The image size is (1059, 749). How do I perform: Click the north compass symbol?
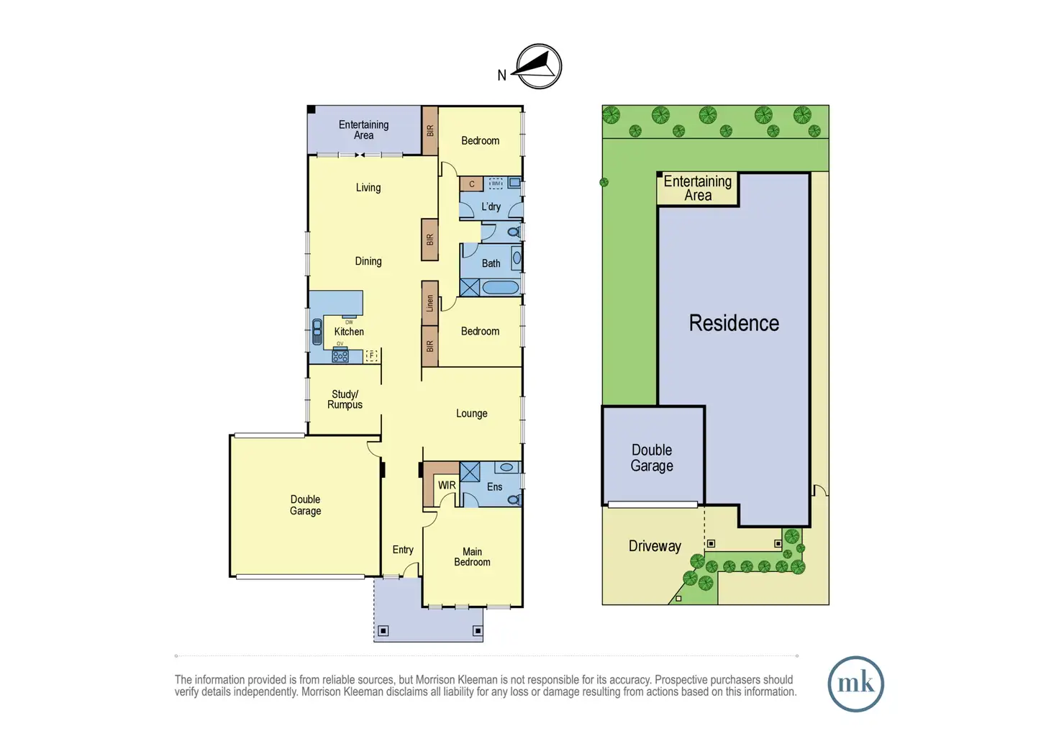(538, 67)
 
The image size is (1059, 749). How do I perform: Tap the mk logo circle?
(855, 684)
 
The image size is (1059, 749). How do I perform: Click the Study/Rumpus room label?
(345, 399)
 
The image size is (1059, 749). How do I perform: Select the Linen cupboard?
(429, 303)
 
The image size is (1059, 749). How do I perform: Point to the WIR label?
(447, 485)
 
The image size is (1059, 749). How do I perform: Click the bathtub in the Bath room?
(500, 288)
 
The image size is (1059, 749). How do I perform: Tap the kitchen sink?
(317, 332)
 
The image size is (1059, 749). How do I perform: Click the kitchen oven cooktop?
(340, 355)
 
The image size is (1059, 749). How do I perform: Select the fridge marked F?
(372, 355)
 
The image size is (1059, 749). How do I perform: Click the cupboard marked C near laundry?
(471, 184)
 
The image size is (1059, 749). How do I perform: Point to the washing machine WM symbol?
(496, 183)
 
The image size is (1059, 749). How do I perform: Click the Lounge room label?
(471, 413)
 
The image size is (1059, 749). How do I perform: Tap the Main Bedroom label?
(472, 557)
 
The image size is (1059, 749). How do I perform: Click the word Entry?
(403, 550)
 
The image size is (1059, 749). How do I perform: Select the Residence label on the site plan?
(734, 324)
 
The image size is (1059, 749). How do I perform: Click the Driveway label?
(655, 546)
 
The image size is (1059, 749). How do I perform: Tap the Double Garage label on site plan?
(652, 458)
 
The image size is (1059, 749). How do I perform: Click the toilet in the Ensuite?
(514, 499)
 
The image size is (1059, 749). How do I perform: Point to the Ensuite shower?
(470, 473)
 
